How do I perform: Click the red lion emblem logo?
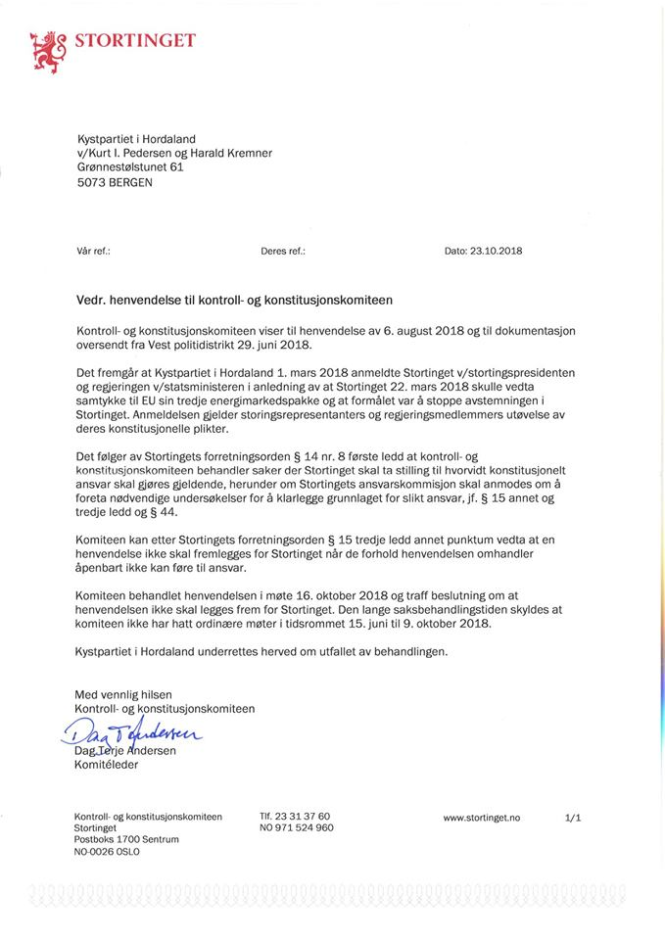(45, 52)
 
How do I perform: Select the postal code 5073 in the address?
(89, 182)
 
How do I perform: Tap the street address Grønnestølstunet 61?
(130, 167)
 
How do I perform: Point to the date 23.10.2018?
(498, 251)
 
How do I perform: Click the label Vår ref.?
(93, 251)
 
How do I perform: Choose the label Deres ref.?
(283, 251)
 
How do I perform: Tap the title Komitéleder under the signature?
(107, 765)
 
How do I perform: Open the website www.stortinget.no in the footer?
(482, 817)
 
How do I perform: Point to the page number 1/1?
(573, 817)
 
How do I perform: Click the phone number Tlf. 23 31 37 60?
(295, 816)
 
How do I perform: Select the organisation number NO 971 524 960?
(297, 827)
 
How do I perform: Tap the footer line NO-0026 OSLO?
(107, 852)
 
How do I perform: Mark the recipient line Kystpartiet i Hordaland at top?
(136, 138)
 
